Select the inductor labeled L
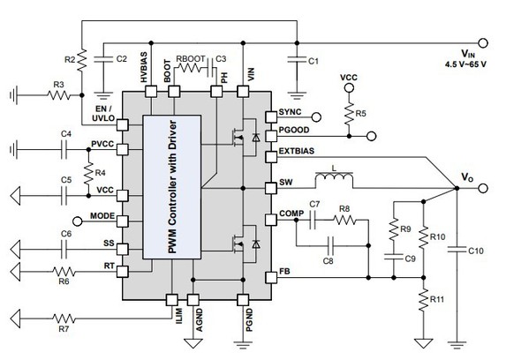(x=335, y=180)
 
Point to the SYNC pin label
(x=291, y=114)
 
